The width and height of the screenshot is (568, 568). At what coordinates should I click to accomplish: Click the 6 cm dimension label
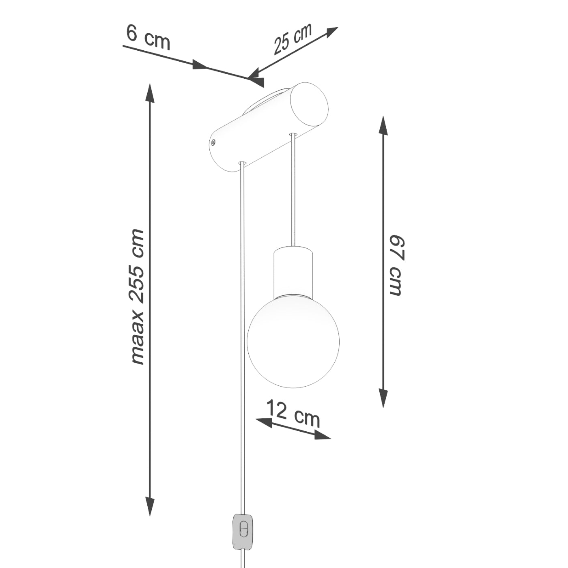(x=148, y=37)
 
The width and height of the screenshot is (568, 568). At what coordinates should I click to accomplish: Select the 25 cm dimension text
(x=292, y=39)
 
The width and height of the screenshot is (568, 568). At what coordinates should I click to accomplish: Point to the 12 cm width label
(x=293, y=413)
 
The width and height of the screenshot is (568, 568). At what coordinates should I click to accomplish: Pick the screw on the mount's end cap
(x=213, y=142)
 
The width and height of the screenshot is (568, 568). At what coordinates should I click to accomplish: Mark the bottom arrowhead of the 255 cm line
(x=151, y=507)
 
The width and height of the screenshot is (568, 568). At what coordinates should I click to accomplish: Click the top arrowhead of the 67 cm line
(x=383, y=125)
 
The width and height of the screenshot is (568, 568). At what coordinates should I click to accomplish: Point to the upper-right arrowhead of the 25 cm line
(x=331, y=31)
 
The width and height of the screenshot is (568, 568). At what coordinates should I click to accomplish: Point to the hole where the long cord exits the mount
(x=242, y=163)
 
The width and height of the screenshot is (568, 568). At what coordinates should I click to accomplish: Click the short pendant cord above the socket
(x=293, y=191)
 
